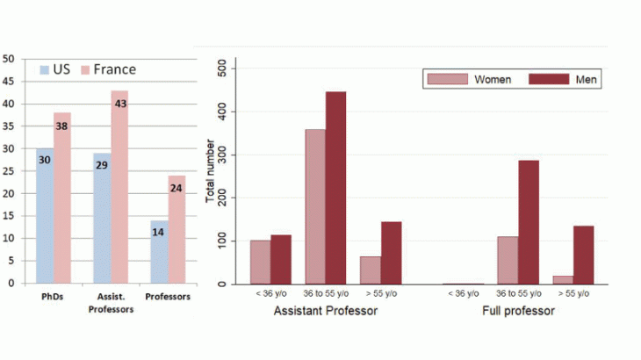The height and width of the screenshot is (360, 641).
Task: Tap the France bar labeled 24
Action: (176, 229)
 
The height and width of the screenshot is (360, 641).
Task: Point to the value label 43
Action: (119, 104)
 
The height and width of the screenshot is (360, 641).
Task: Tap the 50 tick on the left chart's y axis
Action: (9, 59)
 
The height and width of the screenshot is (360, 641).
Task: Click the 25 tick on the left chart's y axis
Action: (9, 171)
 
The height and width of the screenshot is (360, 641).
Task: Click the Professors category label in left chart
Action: (167, 297)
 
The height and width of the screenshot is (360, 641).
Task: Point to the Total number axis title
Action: (211, 176)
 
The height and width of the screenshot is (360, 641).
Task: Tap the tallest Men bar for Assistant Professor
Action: (335, 188)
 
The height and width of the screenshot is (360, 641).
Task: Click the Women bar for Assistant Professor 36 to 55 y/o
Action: (314, 207)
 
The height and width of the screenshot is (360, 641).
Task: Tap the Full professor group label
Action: (518, 312)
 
